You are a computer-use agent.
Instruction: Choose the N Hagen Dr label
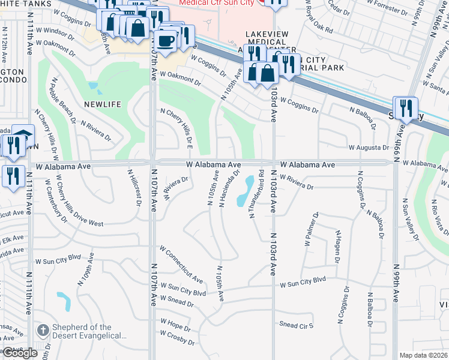click(x=337, y=247)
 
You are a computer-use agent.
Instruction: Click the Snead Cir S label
click(x=297, y=325)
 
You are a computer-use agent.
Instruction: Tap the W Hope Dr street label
click(x=176, y=326)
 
